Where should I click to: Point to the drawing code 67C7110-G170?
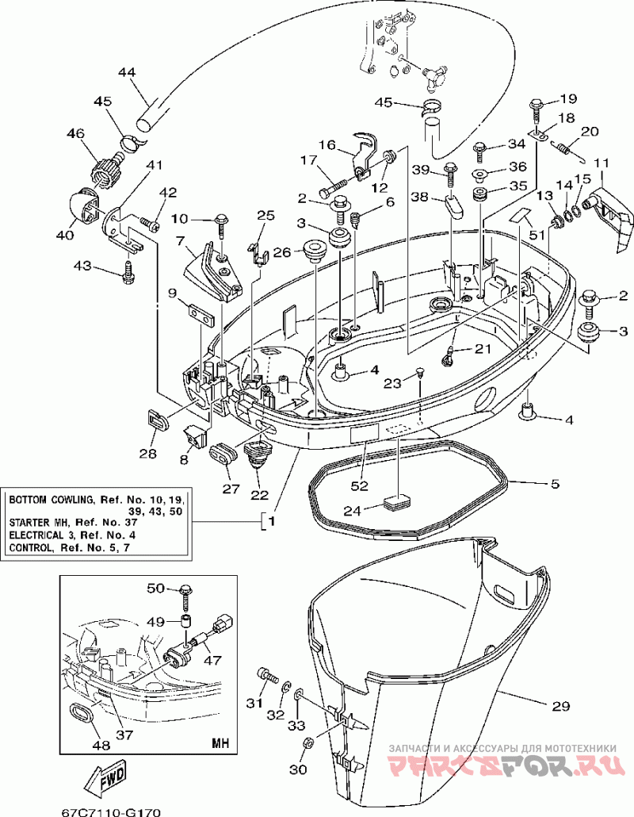(111, 811)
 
